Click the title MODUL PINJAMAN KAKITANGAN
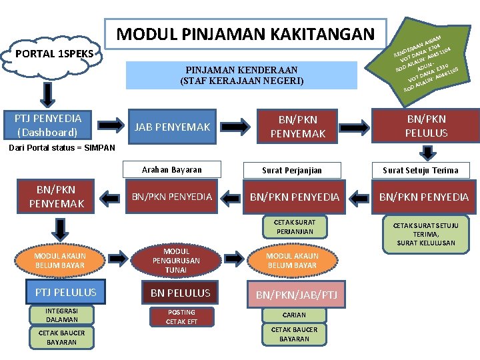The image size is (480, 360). click(246, 34)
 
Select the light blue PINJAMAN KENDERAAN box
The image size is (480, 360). click(241, 75)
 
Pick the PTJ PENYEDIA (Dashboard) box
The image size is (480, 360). click(48, 125)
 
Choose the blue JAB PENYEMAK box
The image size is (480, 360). click(173, 127)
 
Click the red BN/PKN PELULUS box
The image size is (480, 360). click(426, 125)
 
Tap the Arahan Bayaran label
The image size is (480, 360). click(172, 169)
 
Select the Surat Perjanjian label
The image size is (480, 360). click(292, 170)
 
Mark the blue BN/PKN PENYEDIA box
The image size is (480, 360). click(172, 197)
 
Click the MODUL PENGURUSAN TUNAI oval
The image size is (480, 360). click(176, 261)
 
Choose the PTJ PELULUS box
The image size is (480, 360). click(61, 292)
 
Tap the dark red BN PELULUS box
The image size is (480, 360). click(180, 293)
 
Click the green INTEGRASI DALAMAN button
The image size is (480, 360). click(61, 315)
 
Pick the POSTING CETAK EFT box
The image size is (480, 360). click(181, 317)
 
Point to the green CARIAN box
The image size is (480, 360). click(294, 315)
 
